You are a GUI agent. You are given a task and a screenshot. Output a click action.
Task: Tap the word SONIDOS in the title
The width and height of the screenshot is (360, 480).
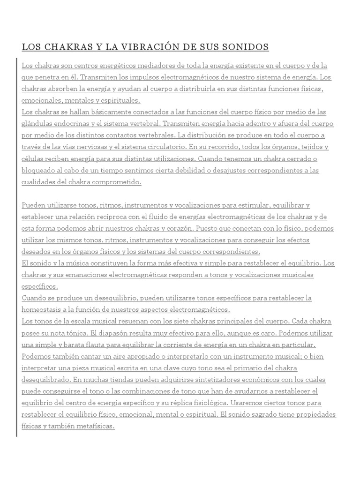point(245,47)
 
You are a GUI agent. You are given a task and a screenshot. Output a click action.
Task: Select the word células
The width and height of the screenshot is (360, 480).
point(33,159)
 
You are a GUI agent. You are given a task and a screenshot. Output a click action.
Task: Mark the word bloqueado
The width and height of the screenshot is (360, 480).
point(39,171)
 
